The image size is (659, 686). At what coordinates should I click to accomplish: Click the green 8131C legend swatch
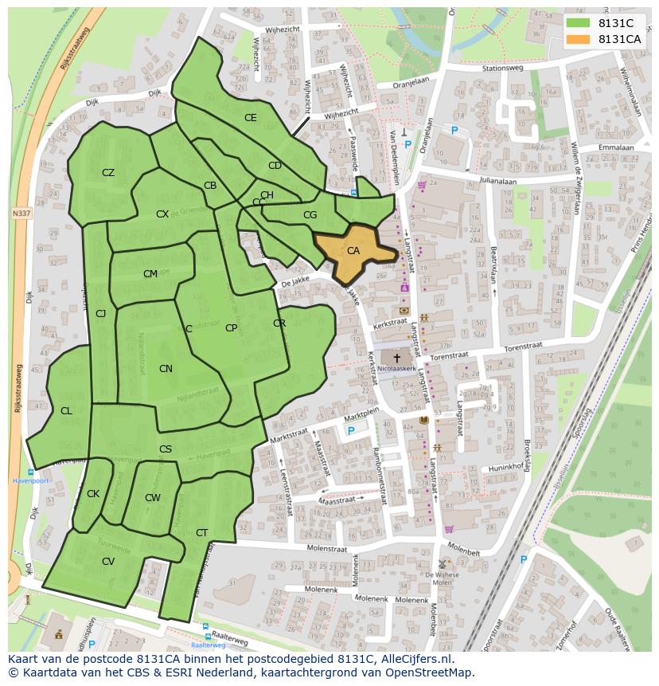(x=578, y=23)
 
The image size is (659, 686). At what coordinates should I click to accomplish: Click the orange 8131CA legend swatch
(x=578, y=39)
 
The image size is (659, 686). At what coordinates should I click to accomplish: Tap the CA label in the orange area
(x=353, y=251)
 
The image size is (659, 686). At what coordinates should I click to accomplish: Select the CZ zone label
(x=108, y=173)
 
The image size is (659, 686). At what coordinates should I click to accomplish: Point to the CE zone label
(x=250, y=118)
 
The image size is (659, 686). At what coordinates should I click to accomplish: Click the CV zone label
(x=108, y=561)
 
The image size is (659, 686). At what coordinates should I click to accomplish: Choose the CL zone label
(x=66, y=411)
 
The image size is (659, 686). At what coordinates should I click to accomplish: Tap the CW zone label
(x=153, y=498)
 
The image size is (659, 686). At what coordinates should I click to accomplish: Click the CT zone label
(x=201, y=533)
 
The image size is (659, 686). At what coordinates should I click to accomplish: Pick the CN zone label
(x=166, y=369)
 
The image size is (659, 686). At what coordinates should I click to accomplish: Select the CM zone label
(x=150, y=274)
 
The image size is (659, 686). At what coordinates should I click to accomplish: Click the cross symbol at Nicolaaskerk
(x=396, y=359)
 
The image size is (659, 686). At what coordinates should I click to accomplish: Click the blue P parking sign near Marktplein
(x=351, y=431)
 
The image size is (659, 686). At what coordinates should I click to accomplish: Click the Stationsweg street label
(x=499, y=69)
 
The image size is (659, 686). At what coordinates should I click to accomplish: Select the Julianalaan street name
(x=497, y=181)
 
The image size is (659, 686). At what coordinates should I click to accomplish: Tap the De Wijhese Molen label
(x=437, y=578)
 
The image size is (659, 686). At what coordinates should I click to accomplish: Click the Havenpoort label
(x=30, y=480)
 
